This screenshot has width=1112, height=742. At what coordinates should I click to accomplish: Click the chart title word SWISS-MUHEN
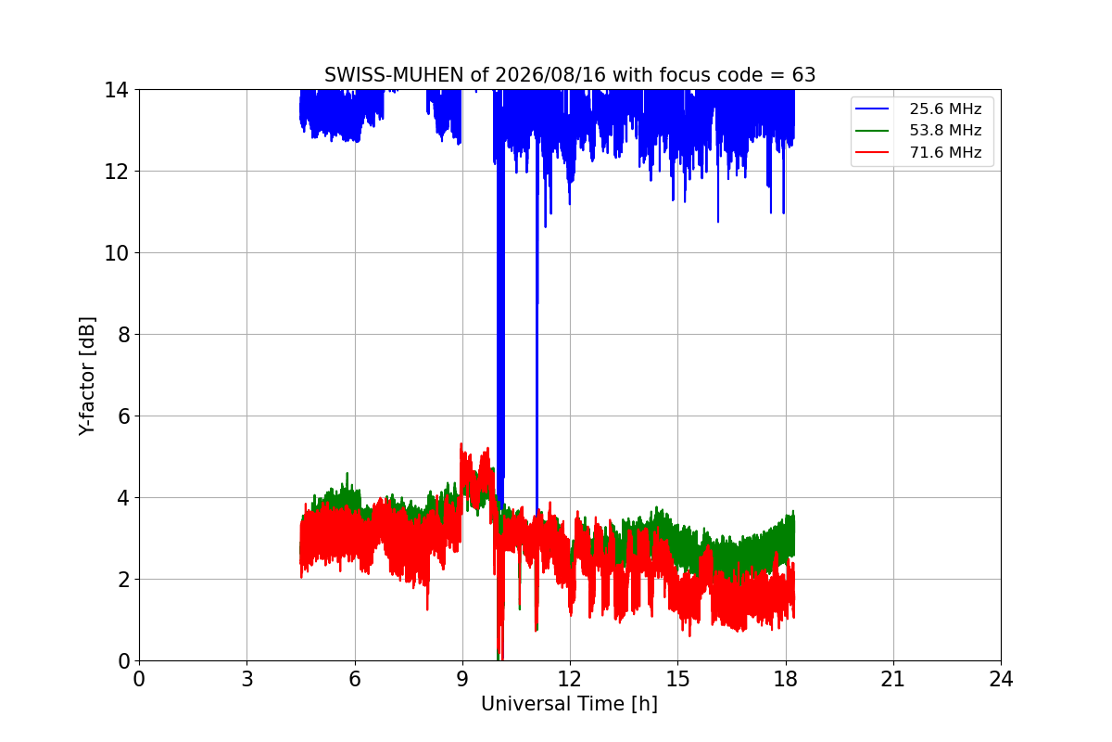click(394, 75)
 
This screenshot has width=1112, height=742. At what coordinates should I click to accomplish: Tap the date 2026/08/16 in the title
click(550, 75)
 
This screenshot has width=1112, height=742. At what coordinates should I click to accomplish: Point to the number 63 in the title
click(803, 75)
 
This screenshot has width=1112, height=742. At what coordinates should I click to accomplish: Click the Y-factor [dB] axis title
click(87, 377)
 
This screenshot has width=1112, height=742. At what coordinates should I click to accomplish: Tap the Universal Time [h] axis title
click(569, 704)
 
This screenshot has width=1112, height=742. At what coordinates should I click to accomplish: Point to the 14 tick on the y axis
click(116, 91)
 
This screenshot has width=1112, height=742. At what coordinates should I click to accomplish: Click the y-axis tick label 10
click(116, 253)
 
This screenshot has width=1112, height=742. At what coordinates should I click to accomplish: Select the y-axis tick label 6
click(123, 416)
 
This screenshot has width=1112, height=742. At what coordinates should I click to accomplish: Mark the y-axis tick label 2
click(123, 580)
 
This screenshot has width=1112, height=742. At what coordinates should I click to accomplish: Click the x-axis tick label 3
click(247, 679)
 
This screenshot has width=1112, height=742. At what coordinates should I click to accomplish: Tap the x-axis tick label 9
click(462, 679)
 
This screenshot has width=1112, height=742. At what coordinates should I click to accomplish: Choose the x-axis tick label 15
click(678, 679)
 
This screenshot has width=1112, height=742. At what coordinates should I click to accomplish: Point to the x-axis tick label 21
click(893, 679)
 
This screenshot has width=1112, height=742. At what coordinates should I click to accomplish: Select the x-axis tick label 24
click(1001, 679)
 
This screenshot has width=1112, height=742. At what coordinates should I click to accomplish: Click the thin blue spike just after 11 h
click(537, 323)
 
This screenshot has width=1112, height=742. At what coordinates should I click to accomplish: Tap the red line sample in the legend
click(872, 152)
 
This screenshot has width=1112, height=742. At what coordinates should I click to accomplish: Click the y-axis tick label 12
click(116, 172)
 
